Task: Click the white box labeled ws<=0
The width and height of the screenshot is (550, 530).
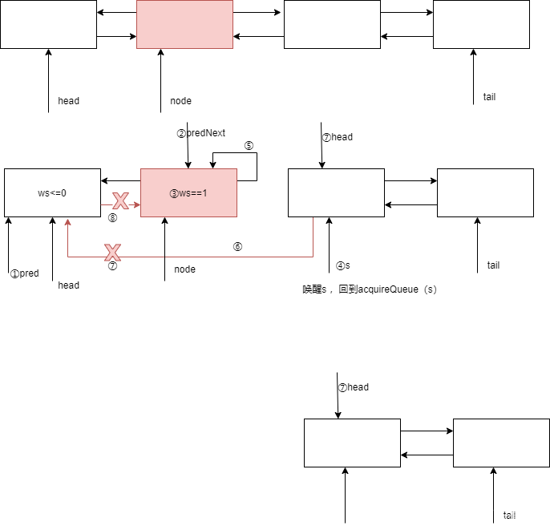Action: (52, 192)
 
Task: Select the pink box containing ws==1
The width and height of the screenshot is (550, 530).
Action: (188, 192)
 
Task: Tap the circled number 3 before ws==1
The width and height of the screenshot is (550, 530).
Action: (173, 193)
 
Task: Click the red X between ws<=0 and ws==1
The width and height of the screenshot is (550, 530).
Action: (120, 200)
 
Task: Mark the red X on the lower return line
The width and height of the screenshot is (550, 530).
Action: (112, 253)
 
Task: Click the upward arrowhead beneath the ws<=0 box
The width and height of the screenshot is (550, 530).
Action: (67, 221)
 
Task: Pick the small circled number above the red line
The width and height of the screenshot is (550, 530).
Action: (237, 246)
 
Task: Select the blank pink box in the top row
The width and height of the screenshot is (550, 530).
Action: (184, 24)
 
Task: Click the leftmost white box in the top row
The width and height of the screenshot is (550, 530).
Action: (48, 24)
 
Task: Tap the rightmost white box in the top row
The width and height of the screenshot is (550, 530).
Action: (481, 24)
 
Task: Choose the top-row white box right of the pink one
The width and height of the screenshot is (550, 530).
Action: (332, 24)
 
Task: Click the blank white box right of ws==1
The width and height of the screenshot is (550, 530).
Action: (336, 192)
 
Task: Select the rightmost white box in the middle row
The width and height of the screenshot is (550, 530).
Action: (485, 192)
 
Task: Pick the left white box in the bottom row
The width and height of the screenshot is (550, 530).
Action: (352, 443)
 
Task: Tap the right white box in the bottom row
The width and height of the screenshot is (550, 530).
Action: (501, 443)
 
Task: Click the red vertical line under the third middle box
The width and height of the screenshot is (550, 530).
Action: (313, 237)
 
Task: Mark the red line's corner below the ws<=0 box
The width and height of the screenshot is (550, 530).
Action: (67, 257)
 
